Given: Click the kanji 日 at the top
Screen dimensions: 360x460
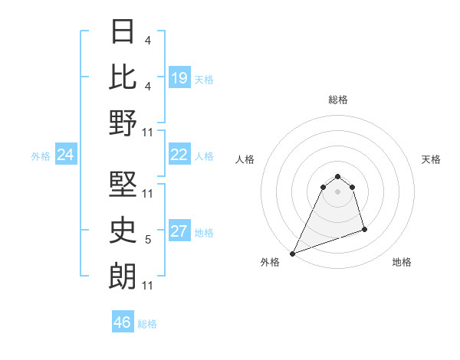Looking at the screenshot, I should (x=123, y=31).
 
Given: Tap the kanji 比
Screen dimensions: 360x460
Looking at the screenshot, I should (x=123, y=76).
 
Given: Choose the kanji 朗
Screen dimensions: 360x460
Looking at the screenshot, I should (x=123, y=274).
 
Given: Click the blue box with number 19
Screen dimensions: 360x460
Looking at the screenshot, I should (x=179, y=77).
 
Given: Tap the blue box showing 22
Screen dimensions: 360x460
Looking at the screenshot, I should (x=179, y=155).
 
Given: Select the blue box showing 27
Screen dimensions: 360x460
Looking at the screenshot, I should (x=179, y=231).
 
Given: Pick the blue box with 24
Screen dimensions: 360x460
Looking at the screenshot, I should (x=66, y=155).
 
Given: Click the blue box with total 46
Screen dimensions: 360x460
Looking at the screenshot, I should (x=123, y=322).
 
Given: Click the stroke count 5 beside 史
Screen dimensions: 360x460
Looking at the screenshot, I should (x=148, y=240).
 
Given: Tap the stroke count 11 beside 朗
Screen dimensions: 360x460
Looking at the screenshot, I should (x=149, y=286).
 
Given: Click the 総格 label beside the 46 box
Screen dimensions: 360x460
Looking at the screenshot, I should (x=147, y=324).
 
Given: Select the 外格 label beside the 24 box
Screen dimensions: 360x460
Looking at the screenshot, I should (x=41, y=156).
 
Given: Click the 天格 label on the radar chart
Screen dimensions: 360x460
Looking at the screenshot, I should (x=431, y=159).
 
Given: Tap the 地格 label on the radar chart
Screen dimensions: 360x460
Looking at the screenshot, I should (x=402, y=262).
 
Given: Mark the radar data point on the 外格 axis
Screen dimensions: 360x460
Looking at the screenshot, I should (x=292, y=253).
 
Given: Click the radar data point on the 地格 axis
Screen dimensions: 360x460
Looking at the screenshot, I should (x=364, y=229).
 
